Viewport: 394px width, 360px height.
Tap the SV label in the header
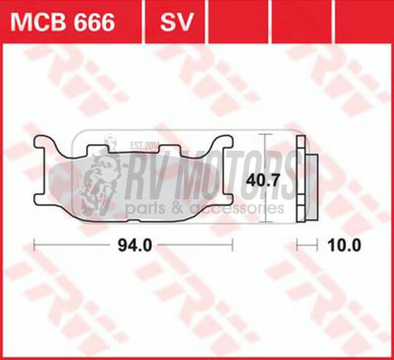coord(174,22)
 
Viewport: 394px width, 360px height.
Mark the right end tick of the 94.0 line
coord(231,245)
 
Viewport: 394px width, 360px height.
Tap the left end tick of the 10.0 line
coord(297,245)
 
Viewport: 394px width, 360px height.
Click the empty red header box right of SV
coord(229,22)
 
